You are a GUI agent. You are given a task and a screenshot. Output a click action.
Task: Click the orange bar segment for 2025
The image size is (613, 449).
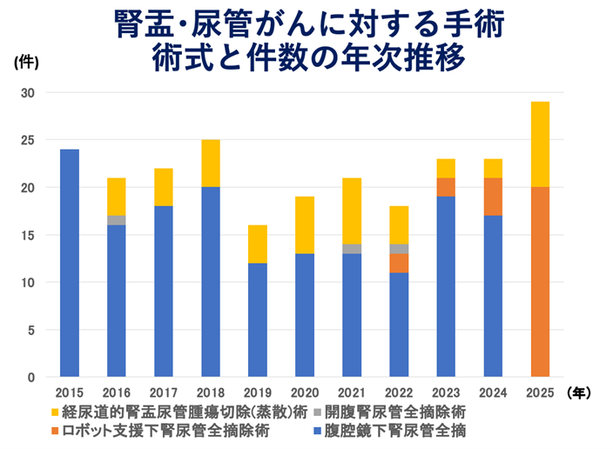540,282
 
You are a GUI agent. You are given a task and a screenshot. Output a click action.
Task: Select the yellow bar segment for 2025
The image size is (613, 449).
540,144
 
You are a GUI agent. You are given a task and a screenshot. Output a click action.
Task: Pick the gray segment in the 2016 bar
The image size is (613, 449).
116,220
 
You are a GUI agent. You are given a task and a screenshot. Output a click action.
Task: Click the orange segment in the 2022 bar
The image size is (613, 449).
399,263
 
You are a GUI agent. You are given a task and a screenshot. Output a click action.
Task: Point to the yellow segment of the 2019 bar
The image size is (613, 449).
258,244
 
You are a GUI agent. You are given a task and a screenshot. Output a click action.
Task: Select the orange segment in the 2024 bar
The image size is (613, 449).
493,197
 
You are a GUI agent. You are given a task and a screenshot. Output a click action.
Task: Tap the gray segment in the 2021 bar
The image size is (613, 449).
352,249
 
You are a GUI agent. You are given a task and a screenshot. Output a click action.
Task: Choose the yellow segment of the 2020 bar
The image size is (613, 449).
305,225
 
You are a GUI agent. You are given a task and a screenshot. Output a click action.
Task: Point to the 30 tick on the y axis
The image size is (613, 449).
29,93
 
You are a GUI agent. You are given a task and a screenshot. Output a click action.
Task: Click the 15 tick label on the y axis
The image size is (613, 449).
29,235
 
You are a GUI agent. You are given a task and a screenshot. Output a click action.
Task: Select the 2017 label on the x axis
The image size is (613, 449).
163,392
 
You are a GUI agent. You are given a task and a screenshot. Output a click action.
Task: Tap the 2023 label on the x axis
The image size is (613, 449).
446,392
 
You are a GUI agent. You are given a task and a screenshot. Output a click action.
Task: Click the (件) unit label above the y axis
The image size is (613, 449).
25,62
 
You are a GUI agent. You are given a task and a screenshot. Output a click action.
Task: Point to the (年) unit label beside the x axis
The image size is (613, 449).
579,392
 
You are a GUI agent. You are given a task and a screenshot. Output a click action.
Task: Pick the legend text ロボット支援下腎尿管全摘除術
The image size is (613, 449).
173,430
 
